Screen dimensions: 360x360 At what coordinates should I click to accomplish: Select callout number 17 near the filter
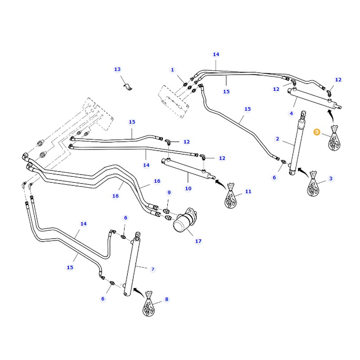click(x=198, y=241)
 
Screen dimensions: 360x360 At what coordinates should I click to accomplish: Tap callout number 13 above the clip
click(x=117, y=69)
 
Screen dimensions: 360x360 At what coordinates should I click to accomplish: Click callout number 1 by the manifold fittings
click(x=172, y=70)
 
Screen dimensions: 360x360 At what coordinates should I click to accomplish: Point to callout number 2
click(x=278, y=139)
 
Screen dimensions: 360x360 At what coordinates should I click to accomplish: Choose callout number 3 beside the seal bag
click(x=331, y=179)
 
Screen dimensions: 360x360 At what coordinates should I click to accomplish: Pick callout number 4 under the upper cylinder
click(x=291, y=113)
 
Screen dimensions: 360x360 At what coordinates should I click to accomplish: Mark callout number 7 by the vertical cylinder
click(x=153, y=269)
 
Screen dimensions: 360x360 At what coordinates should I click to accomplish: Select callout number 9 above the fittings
click(x=169, y=193)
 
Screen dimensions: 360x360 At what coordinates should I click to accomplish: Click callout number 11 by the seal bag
click(x=248, y=191)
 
